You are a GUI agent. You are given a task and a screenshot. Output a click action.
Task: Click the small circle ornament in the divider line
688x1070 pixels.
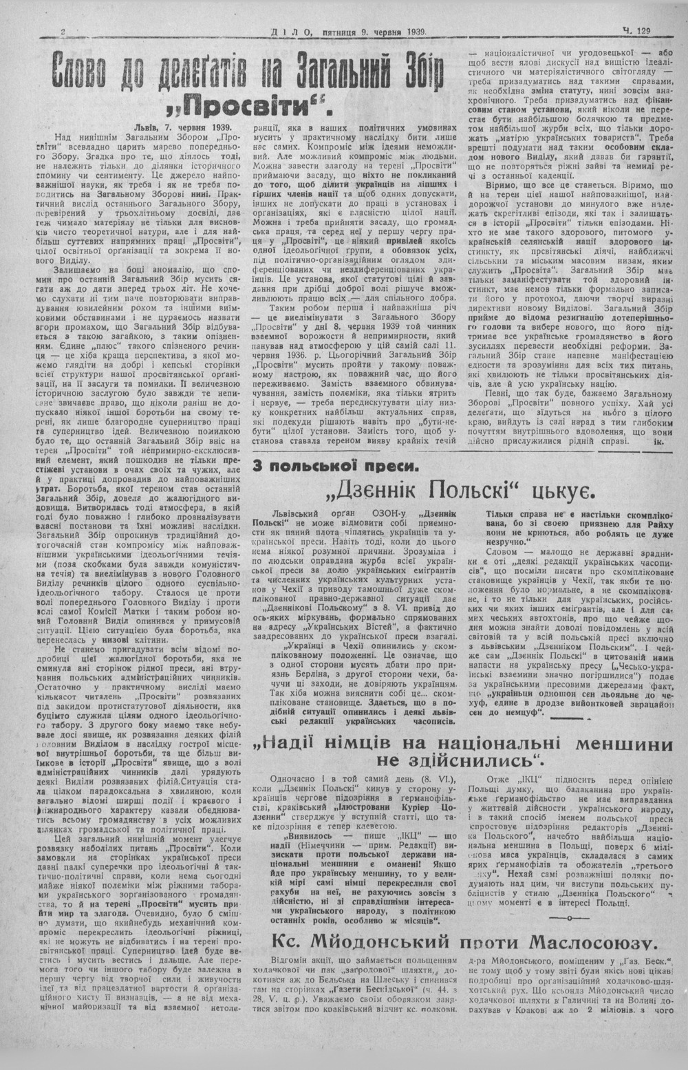(x=570, y=919)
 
